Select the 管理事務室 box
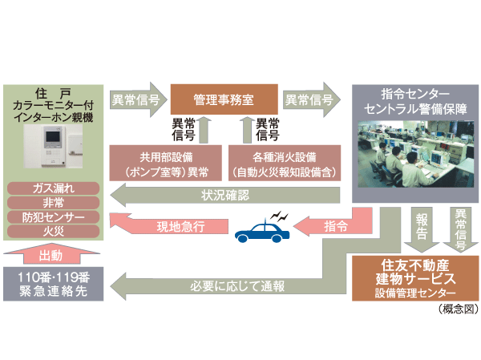pyautogui.click(x=222, y=100)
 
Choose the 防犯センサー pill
pyautogui.click(x=53, y=216)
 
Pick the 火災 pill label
pyautogui.click(x=53, y=231)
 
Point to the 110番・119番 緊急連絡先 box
pyautogui.click(x=53, y=284)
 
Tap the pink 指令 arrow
pyautogui.click(x=333, y=226)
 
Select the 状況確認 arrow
pyautogui.click(x=224, y=193)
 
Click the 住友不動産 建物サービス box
pyautogui.click(x=415, y=277)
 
